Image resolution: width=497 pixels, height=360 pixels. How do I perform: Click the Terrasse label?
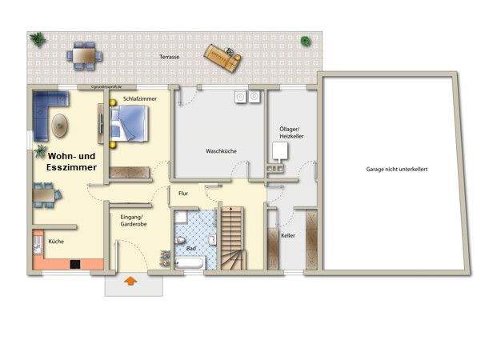tap(169, 58)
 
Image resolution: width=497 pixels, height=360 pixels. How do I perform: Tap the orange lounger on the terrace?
tap(223, 54)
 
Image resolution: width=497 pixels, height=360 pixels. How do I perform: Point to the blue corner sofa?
tap(46, 112)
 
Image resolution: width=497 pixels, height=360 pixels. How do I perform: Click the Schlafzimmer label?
tap(139, 98)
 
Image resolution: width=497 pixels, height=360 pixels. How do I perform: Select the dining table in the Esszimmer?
tap(43, 194)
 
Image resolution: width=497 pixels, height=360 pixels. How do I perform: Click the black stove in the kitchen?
tap(75, 264)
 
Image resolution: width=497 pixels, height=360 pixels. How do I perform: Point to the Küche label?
tap(56, 241)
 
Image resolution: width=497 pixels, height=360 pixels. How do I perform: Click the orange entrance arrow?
tap(130, 281)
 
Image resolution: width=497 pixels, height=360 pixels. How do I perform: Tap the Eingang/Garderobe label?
tap(131, 221)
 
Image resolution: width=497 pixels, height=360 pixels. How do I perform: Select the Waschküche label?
tap(221, 151)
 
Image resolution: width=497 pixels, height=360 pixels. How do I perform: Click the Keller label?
tap(288, 236)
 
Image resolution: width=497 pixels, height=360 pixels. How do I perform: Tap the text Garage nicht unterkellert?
tap(391, 170)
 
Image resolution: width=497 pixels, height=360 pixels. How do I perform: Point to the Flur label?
tap(183, 194)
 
